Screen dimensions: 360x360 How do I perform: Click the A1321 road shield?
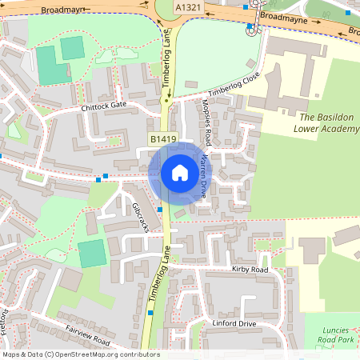[x=188, y=7]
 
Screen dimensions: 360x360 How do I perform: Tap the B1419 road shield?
[x=163, y=139]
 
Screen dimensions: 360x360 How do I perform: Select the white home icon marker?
[x=180, y=172]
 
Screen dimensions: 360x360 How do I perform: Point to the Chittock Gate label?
[x=103, y=106]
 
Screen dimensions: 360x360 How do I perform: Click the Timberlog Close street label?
[x=230, y=83]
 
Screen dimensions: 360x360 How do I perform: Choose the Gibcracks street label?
[x=141, y=215]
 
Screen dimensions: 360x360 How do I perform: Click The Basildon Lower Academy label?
[x=326, y=121]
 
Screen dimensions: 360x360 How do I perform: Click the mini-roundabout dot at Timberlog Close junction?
[x=166, y=102]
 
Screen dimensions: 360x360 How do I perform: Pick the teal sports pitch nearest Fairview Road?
[x=92, y=254]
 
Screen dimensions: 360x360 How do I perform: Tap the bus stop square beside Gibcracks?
[x=160, y=210]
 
